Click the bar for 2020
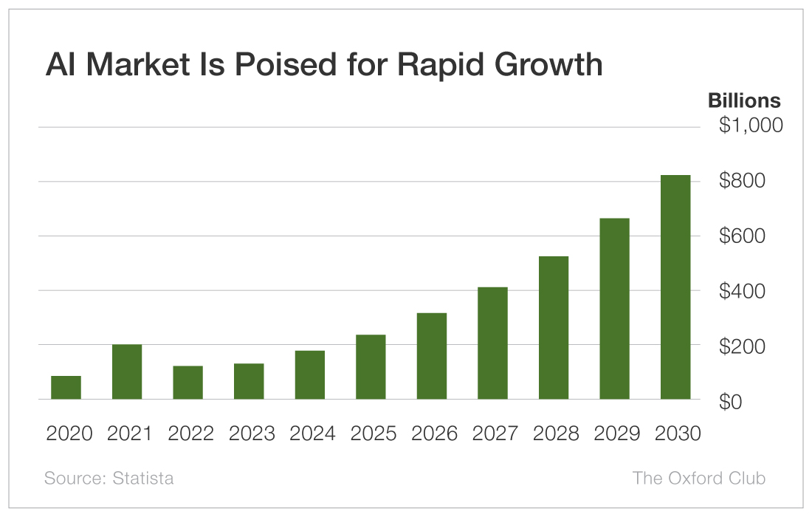coord(66,388)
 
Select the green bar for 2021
coord(127,372)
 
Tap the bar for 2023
coord(249,381)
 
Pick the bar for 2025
coord(371,367)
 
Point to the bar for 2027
coord(492,343)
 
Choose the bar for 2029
coord(615,309)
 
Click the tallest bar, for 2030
coord(675,287)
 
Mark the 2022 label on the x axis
coord(190,433)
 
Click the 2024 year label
coord(312,433)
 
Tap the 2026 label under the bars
coord(434,433)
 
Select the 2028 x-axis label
coord(556,433)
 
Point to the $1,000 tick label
coord(751,126)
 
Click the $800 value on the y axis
coord(742,180)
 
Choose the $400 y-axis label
coord(742,291)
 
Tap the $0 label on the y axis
coord(730,402)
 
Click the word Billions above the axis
coord(744,100)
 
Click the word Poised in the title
coord(286,64)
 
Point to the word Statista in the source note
coord(143,478)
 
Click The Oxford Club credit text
coord(698,478)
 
